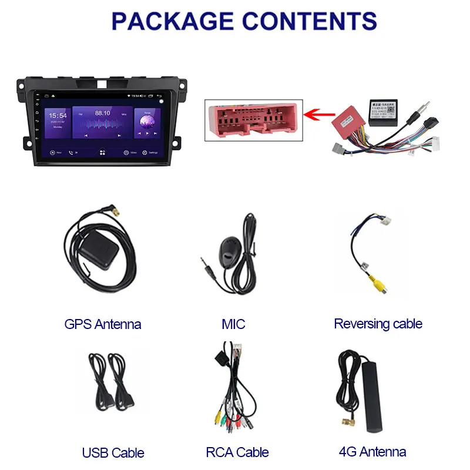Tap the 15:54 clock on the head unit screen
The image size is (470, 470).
click(58, 116)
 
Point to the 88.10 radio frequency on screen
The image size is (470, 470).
click(103, 113)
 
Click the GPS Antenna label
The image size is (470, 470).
click(103, 324)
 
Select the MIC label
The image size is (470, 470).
click(233, 324)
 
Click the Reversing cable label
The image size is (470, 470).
click(378, 323)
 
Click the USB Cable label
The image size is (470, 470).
click(113, 452)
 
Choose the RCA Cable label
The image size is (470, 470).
click(237, 452)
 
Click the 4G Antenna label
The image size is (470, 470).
click(372, 452)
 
